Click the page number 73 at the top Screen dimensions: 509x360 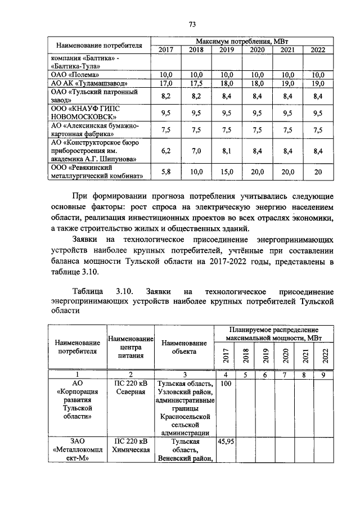tap(192, 24)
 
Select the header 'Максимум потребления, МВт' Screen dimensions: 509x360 tap(242, 42)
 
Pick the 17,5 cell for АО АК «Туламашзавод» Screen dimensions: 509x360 tap(196, 83)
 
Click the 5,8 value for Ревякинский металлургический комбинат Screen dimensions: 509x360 tap(166, 172)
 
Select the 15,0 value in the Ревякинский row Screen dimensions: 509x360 tap(226, 172)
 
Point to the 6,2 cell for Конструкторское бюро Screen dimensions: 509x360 tap(166, 151)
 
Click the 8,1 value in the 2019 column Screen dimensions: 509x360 tap(226, 151)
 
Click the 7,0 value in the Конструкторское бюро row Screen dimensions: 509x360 tap(196, 151)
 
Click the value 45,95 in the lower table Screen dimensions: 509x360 tap(226, 442)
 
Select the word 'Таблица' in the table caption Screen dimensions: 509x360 tap(88, 291)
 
